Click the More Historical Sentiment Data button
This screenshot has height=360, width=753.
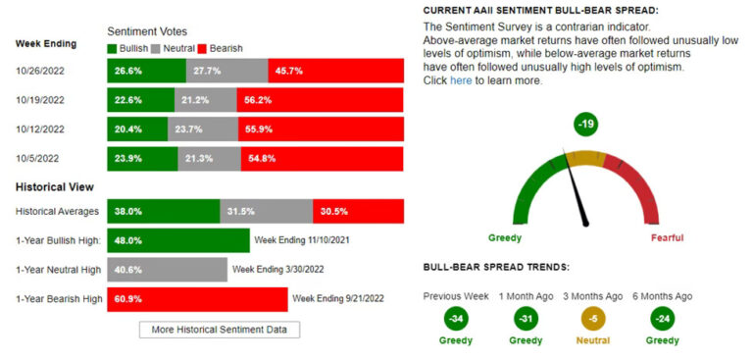220,330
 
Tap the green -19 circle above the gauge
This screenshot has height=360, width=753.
586,125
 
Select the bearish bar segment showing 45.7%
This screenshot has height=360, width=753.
335,71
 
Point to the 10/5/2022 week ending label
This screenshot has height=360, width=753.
36,158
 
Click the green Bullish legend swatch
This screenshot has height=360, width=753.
112,48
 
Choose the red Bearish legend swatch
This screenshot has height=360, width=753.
203,48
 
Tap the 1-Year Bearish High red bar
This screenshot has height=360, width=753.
197,298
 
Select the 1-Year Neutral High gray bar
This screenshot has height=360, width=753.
167,269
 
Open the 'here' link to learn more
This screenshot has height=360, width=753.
461,80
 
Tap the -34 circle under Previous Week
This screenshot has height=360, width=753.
455,319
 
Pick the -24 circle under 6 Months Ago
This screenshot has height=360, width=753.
662,319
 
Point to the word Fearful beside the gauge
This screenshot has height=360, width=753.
667,238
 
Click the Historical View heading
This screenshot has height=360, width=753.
54,187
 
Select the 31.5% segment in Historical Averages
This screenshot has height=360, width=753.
267,211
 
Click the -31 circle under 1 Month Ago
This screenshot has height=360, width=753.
525,319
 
